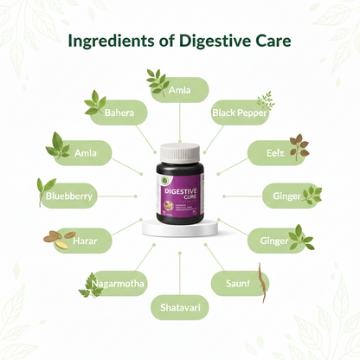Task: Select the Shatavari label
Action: (x=179, y=306)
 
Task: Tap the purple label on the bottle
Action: (x=180, y=183)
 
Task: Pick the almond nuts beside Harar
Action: (x=55, y=239)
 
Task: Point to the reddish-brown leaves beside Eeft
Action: (x=299, y=148)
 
